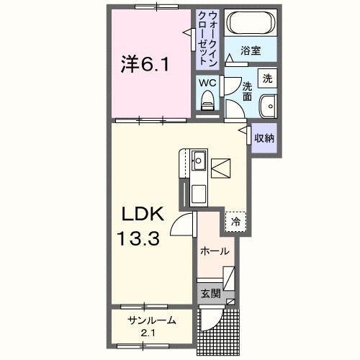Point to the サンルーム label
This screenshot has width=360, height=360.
[152, 320]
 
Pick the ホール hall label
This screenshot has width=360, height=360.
[215, 251]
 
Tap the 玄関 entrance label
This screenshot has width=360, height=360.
[209, 294]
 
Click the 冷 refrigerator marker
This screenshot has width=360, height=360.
[235, 222]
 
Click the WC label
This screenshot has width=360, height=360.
[207, 83]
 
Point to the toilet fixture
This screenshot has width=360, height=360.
[207, 104]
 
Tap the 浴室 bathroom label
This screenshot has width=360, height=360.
[250, 52]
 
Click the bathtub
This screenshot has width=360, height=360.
[249, 23]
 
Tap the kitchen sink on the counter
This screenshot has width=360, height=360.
[199, 160]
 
